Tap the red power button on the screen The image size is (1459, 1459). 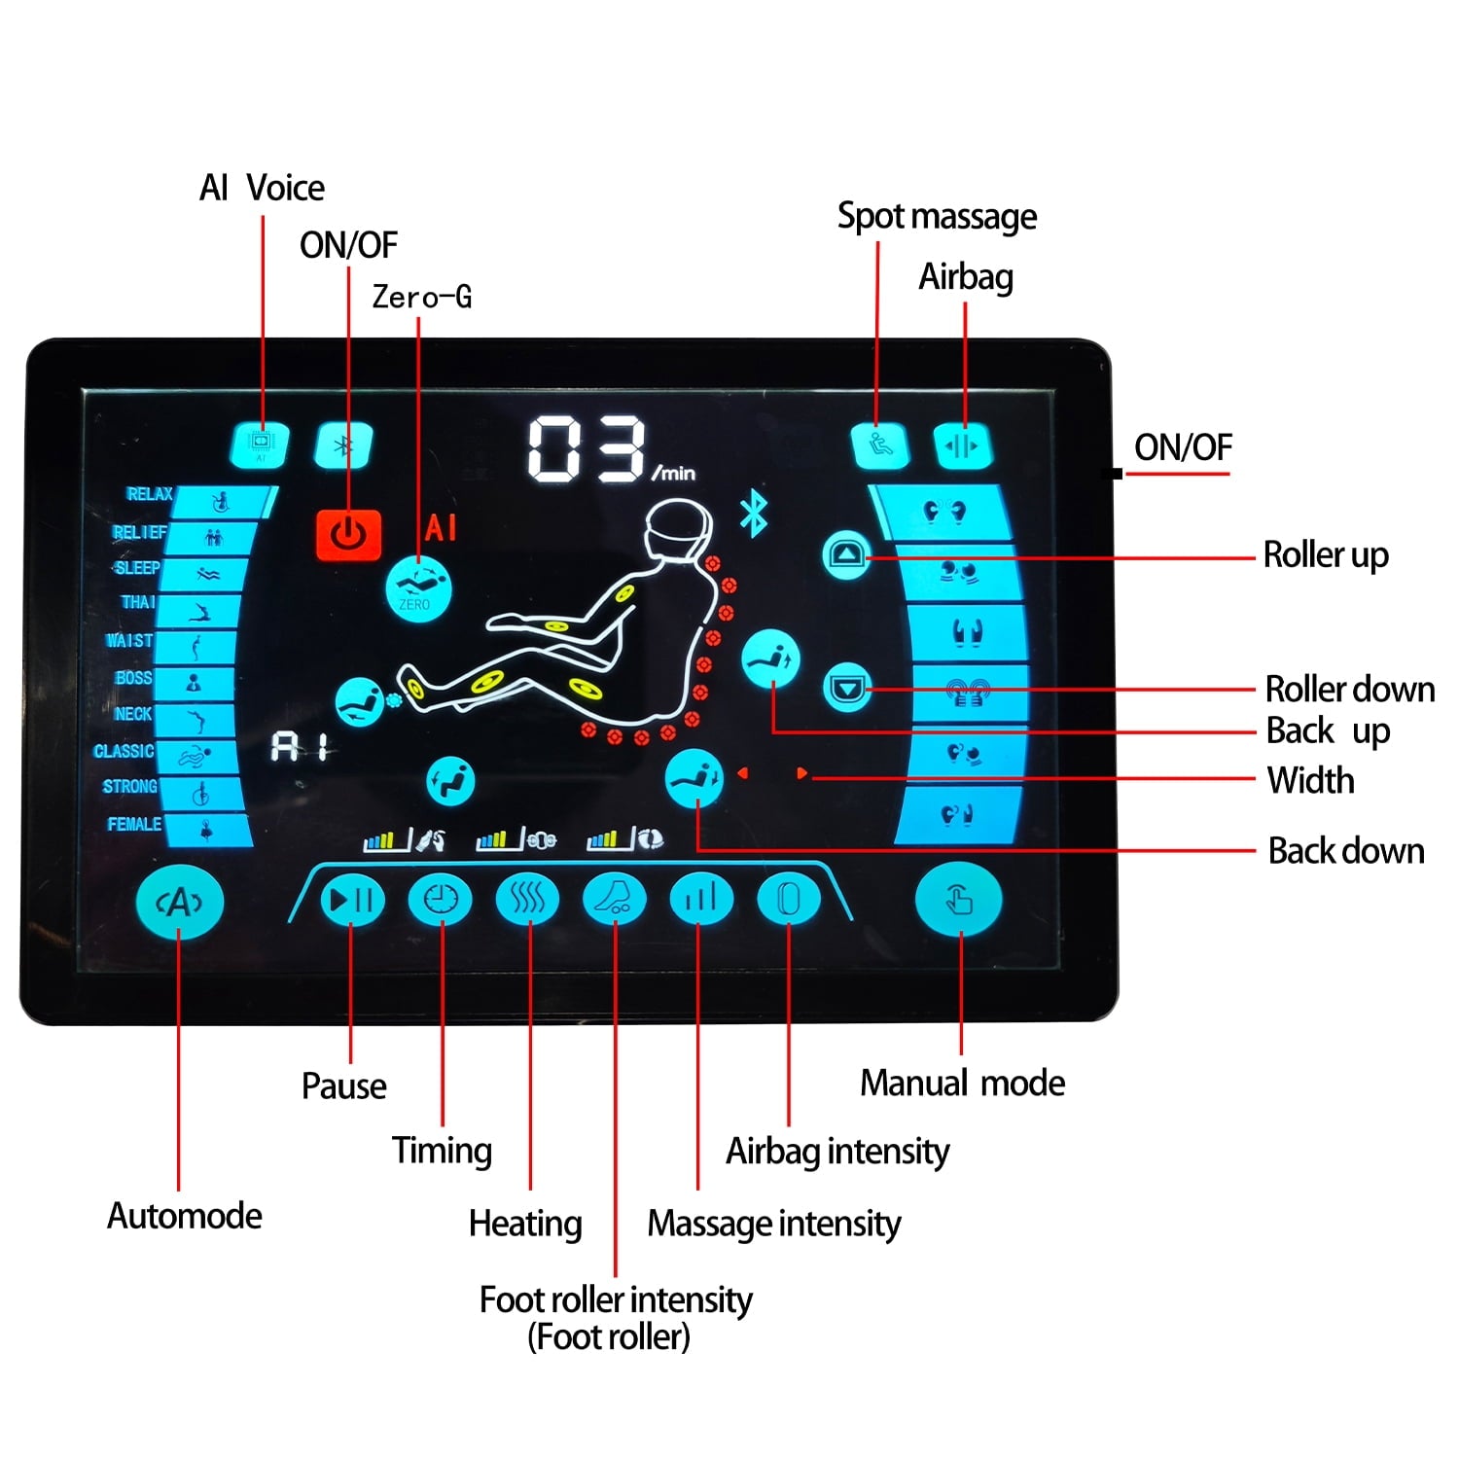pos(348,534)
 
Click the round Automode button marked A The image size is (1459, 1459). pos(180,903)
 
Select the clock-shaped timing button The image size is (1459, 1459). pos(440,899)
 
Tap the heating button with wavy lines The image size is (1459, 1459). pos(528,899)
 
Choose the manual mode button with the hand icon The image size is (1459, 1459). pos(959,901)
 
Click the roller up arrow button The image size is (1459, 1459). pos(847,555)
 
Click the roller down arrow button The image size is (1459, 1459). pos(847,689)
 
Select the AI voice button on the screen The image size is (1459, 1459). pos(261,445)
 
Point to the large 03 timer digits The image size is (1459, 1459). pos(587,448)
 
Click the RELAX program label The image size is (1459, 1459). pos(149,494)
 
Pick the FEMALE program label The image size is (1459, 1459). pos(134,824)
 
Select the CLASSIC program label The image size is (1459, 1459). pos(124,751)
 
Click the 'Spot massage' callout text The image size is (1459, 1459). pos(937,216)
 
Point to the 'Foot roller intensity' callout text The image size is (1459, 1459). pos(616,1299)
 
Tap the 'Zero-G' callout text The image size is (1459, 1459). pos(422,297)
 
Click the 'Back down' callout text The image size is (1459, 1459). pos(1346,851)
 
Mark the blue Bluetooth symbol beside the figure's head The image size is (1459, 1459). pos(754,515)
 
